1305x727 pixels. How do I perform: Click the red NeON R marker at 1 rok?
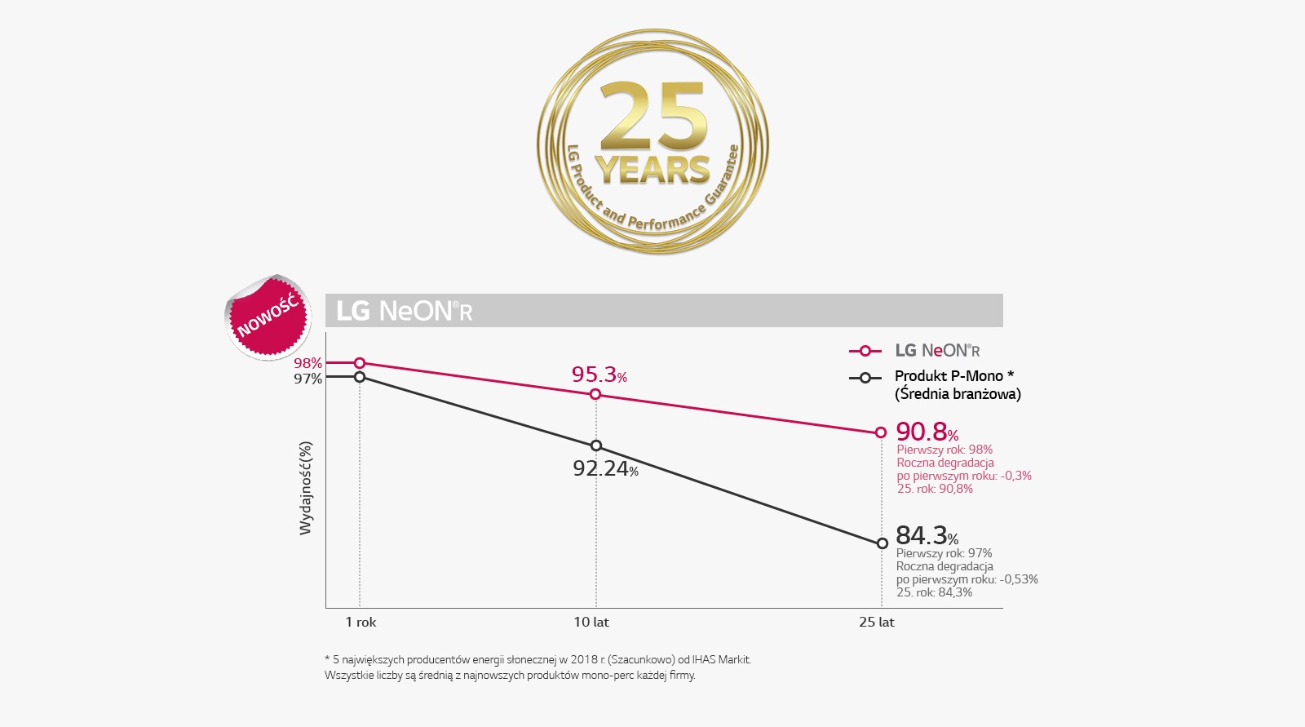tap(360, 363)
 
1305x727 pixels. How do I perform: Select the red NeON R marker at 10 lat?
tap(595, 394)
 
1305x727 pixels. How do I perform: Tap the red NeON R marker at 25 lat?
tap(881, 432)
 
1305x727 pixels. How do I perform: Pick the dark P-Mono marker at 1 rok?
tap(360, 377)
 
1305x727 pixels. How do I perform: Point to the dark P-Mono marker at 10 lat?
tap(596, 446)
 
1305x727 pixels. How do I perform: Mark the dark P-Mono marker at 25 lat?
tap(882, 543)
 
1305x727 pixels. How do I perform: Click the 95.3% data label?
tap(599, 375)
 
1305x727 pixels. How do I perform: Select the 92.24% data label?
tap(605, 469)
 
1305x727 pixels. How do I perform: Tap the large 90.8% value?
tap(927, 432)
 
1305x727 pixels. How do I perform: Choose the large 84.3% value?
tap(927, 536)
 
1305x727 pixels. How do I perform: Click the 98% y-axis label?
tap(307, 363)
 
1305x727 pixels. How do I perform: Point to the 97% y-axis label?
tap(307, 379)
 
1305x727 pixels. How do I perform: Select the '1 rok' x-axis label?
tap(361, 622)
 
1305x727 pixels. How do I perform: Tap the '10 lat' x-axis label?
tap(591, 622)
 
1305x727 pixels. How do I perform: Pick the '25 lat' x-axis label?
tap(877, 622)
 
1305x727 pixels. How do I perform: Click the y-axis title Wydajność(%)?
tap(306, 488)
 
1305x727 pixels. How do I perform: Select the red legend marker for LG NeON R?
tap(865, 351)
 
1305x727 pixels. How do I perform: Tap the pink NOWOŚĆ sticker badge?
tap(268, 317)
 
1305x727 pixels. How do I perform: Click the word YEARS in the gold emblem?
tap(652, 171)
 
